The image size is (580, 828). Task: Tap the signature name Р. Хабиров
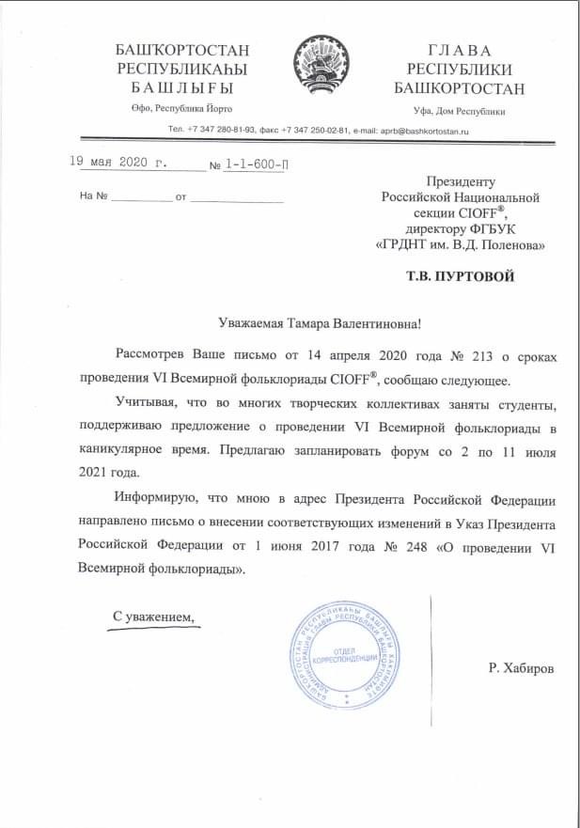click(522, 667)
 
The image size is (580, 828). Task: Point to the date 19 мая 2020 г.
click(119, 162)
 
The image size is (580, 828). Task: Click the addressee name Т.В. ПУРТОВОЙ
click(461, 277)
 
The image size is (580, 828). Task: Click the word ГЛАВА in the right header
click(460, 50)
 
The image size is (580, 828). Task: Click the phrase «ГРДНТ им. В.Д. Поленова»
click(460, 244)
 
